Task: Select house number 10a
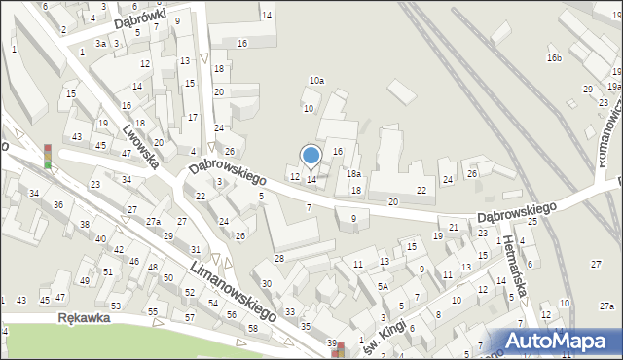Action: [x=316, y=81]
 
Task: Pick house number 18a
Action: [x=354, y=173]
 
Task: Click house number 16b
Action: [x=554, y=58]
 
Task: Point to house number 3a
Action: [x=100, y=44]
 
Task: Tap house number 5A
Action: [x=384, y=286]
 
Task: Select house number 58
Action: [x=253, y=328]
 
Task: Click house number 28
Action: [x=278, y=258]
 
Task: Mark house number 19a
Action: [x=613, y=86]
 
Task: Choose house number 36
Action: [x=58, y=204]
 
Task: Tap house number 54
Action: [x=212, y=304]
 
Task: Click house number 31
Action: [x=196, y=251]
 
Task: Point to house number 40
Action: [x=100, y=238]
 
